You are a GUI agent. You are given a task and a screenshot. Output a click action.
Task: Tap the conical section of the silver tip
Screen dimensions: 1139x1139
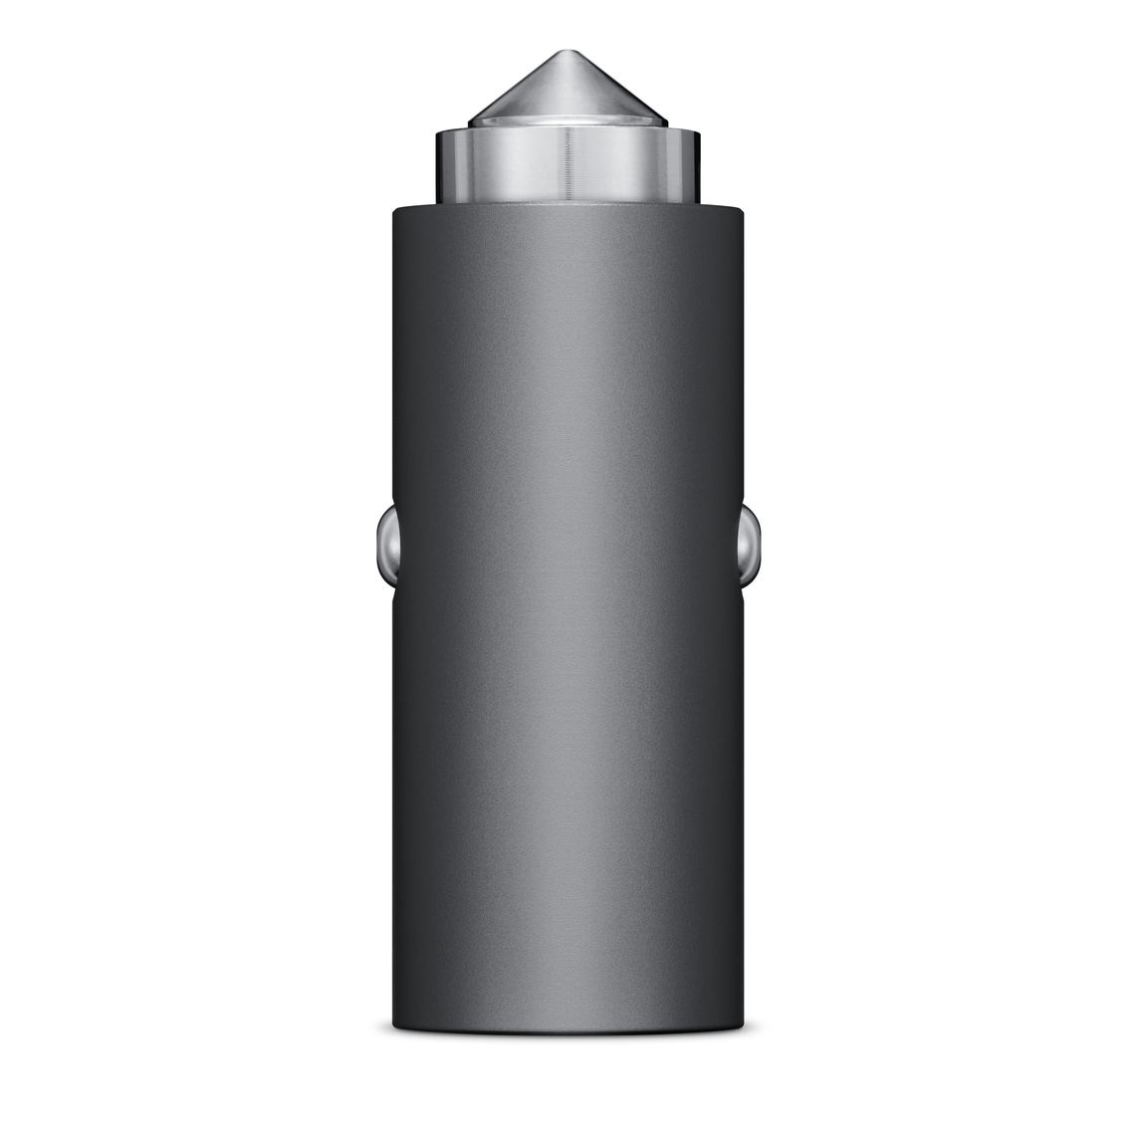[569, 90]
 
